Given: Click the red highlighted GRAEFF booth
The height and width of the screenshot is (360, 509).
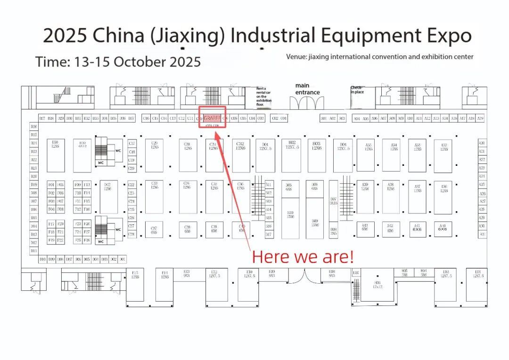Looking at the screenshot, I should tap(212, 118).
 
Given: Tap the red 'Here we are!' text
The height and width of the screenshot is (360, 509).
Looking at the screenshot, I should tap(303, 257).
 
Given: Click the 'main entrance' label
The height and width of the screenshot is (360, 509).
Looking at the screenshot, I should tap(307, 89).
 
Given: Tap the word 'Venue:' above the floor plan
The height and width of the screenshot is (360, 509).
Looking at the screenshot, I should tap(297, 57).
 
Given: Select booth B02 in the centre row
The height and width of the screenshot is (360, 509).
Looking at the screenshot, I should tap(292, 155).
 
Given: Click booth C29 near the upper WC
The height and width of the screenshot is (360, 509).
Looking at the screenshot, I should tap(154, 155).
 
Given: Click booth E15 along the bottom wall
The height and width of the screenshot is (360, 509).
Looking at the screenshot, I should tap(135, 285).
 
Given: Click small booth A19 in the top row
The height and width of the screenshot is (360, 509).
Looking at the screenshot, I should tap(480, 119).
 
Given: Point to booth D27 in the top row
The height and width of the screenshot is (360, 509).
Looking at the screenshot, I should tap(42, 119).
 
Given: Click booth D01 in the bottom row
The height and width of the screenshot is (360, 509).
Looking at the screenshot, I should tap(123, 259).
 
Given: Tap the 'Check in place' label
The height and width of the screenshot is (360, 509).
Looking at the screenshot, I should tap(357, 90).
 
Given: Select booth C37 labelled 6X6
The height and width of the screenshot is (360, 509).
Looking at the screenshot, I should tap(154, 229).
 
